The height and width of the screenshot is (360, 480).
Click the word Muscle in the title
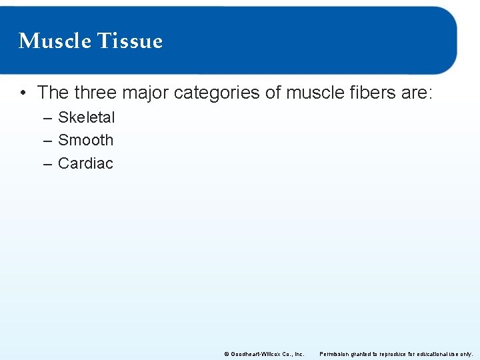[55, 41]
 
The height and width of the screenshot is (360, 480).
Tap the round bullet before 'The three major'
[23, 93]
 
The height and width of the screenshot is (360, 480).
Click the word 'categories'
[217, 92]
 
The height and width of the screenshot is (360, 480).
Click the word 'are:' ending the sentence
[417, 92]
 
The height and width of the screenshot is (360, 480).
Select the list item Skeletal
[86, 117]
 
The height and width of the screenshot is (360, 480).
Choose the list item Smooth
[85, 140]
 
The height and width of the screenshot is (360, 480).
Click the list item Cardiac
[85, 163]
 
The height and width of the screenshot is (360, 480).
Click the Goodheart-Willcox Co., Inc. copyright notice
[264, 354]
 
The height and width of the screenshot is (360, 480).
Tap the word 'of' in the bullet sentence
[273, 92]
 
